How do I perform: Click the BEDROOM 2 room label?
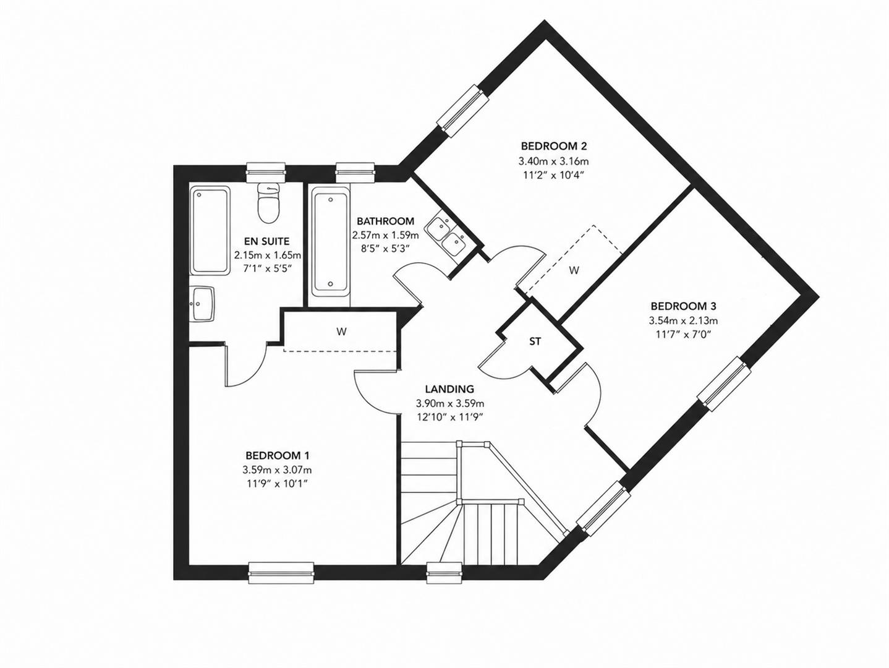pos(554,146)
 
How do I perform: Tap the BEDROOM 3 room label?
pos(683,306)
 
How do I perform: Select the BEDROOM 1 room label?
pos(277,455)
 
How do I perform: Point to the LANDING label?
pos(449,389)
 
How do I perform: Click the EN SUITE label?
pos(266,241)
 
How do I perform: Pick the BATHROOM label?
pos(385,221)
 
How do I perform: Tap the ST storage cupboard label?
pos(535,341)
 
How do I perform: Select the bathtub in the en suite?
pos(210,229)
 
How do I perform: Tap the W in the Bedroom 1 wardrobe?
pos(341,332)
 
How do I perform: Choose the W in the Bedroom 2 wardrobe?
pos(574,270)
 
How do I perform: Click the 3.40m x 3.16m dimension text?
pos(554,161)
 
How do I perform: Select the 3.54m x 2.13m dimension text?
pos(683,321)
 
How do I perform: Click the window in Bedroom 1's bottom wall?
pos(281,573)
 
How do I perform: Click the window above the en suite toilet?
pos(266,173)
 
